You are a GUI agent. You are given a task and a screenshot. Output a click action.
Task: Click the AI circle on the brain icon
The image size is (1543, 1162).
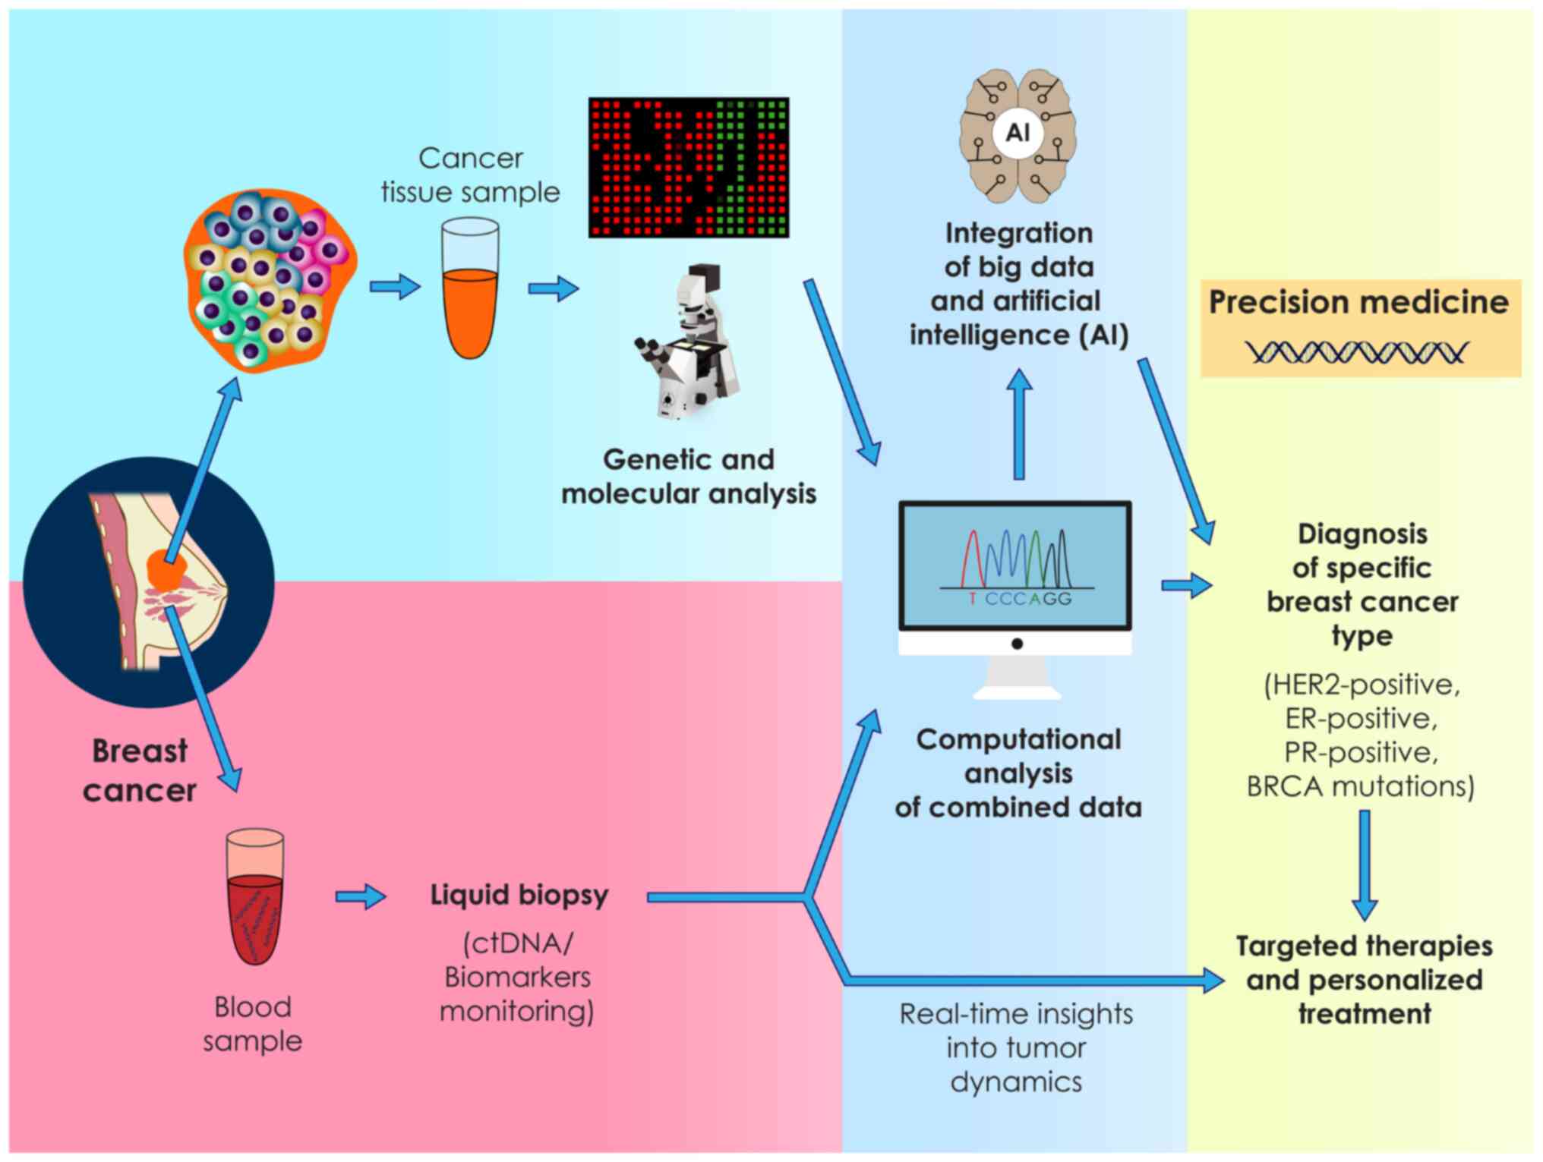click(x=1017, y=134)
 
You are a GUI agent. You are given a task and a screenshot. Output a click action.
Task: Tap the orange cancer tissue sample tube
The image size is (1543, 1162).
click(x=470, y=304)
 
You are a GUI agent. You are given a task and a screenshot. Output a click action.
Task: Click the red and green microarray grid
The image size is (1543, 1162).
click(x=688, y=167)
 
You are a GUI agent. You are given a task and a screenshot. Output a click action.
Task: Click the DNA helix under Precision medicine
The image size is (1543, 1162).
click(x=1357, y=352)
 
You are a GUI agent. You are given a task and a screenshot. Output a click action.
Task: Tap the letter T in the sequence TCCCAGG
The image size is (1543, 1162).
click(x=972, y=599)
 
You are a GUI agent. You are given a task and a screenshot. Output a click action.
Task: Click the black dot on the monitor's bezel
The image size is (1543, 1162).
click(x=1017, y=644)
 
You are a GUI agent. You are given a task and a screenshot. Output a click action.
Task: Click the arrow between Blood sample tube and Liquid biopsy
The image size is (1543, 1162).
click(x=361, y=896)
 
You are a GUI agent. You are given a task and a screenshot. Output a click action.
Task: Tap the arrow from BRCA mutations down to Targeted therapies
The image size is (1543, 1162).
click(x=1365, y=865)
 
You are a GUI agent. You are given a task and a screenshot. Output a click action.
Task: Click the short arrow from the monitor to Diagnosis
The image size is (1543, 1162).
click(x=1186, y=585)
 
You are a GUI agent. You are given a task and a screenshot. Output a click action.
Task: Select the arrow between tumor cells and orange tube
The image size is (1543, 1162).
click(x=395, y=287)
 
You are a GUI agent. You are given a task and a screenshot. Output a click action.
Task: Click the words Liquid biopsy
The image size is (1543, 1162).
click(x=519, y=896)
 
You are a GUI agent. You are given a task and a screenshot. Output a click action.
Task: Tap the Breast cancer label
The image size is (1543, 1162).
click(x=140, y=770)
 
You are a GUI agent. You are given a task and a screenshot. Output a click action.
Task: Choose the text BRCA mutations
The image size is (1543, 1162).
click(x=1360, y=786)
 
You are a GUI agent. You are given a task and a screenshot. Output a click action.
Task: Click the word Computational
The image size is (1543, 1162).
click(x=1018, y=740)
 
